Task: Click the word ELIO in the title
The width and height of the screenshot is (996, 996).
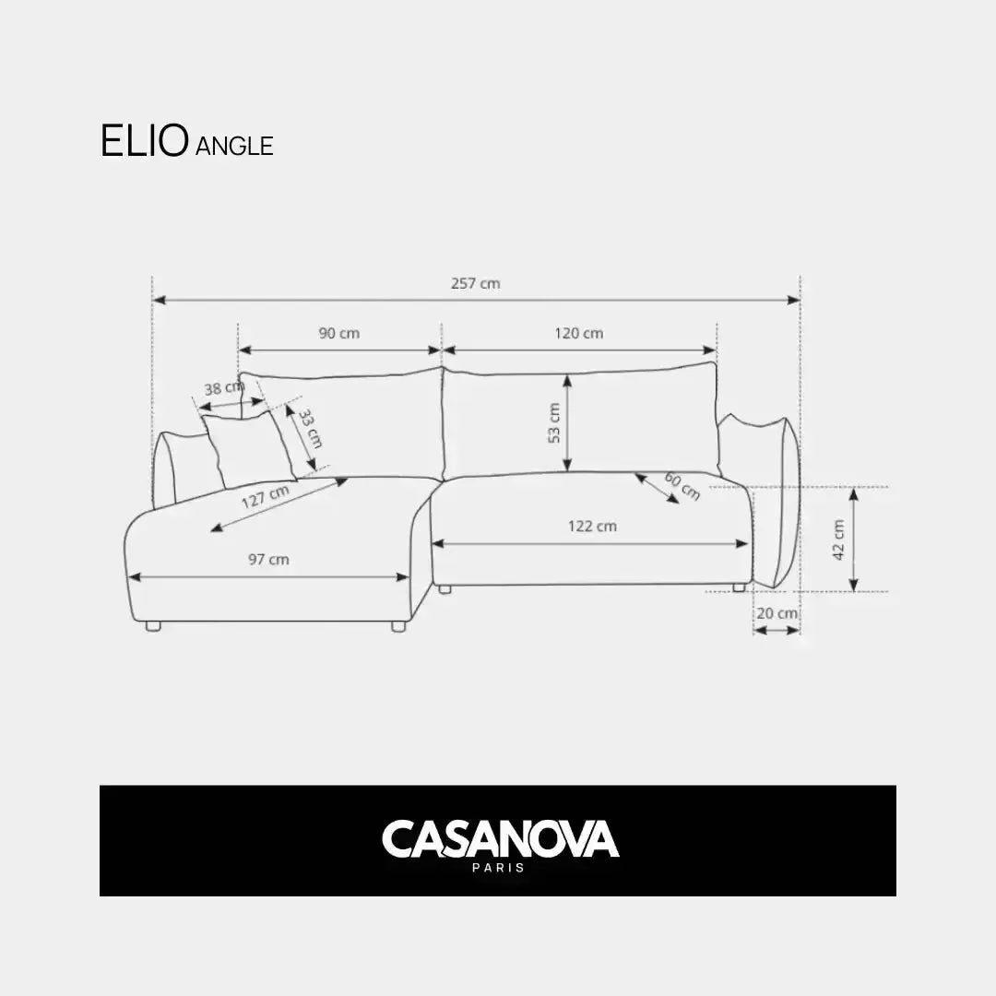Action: point(145,140)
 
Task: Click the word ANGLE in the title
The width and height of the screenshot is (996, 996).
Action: point(234,146)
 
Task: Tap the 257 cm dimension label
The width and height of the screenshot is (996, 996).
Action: point(476,283)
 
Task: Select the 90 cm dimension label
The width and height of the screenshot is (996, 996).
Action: point(339,333)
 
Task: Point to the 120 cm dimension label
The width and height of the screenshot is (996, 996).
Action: point(578,333)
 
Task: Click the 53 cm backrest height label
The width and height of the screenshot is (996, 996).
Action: point(554,423)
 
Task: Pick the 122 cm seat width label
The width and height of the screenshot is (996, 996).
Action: point(592,526)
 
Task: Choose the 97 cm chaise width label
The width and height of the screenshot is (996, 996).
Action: point(268,560)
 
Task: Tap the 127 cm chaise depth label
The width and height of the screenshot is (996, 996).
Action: point(266,497)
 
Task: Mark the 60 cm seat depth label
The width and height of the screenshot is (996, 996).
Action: point(682,486)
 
